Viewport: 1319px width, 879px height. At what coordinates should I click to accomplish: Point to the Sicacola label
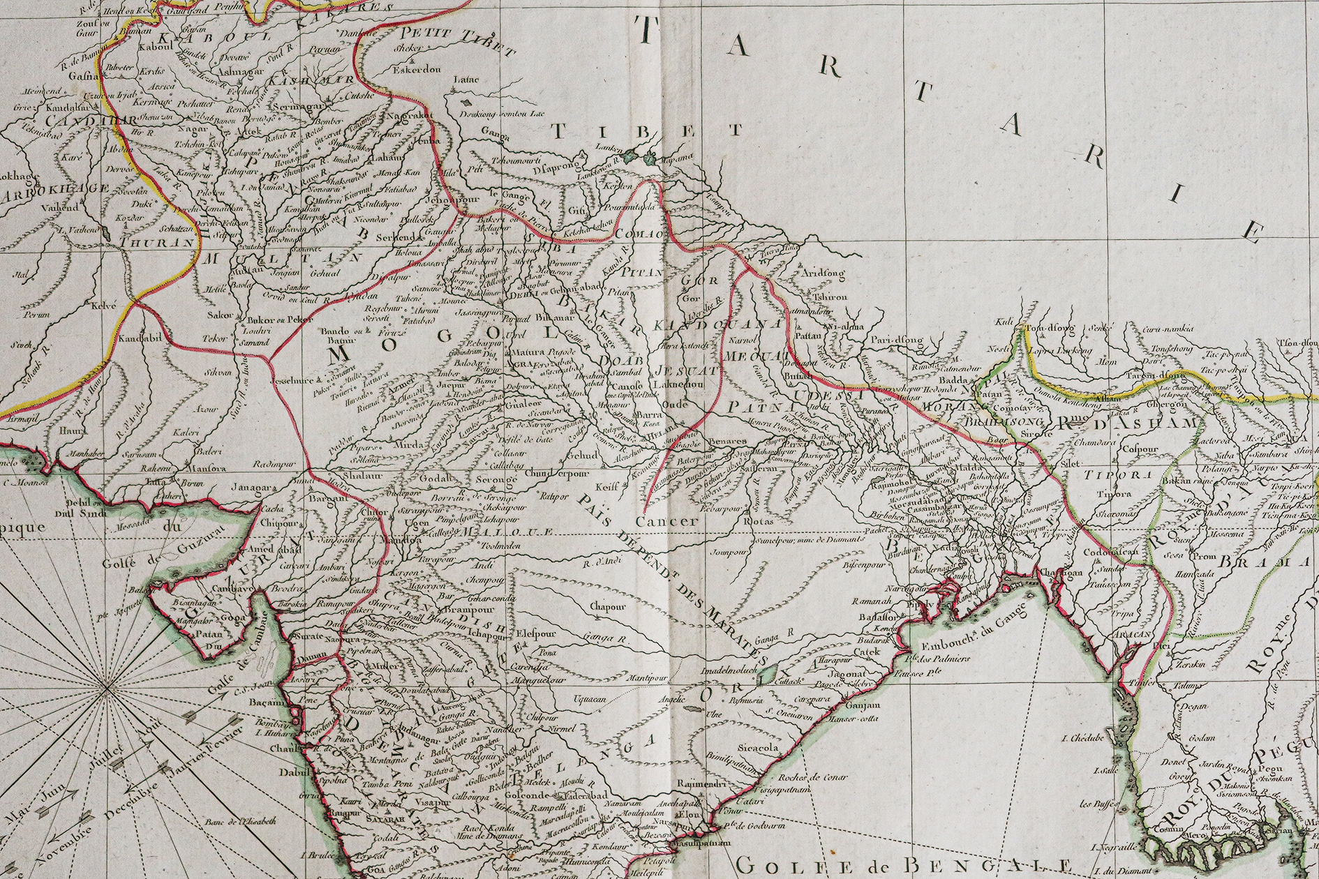pyautogui.click(x=759, y=747)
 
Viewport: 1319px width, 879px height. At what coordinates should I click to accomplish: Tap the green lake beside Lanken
pyautogui.click(x=632, y=158)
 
